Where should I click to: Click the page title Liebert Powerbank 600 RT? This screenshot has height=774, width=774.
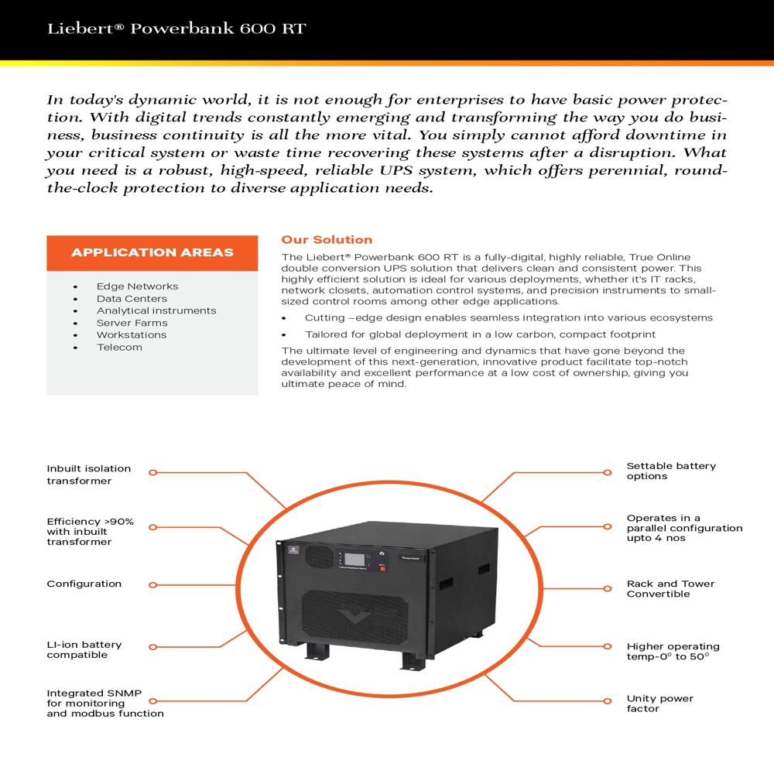tap(176, 29)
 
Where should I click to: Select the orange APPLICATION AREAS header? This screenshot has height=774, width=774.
tap(152, 252)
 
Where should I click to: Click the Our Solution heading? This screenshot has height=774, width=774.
tap(327, 240)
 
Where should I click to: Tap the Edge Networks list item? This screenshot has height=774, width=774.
tap(137, 286)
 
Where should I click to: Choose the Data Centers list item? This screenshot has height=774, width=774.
tap(132, 299)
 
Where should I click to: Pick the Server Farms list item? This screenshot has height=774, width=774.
tap(132, 323)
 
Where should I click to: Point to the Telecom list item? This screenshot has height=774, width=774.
tap(119, 348)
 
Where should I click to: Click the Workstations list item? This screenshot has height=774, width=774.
tap(132, 335)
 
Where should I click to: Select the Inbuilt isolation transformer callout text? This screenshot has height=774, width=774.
tap(88, 474)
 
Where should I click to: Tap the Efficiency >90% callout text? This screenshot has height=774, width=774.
tap(90, 532)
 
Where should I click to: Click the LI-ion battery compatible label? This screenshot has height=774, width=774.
tap(84, 650)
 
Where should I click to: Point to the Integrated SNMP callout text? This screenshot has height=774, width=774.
tap(104, 704)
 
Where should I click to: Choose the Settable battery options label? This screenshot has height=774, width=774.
tap(671, 471)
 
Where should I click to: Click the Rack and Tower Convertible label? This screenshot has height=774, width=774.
tap(670, 589)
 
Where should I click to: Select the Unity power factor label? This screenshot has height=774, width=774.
tap(659, 704)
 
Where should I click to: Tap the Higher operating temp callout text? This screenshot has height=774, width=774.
tap(673, 652)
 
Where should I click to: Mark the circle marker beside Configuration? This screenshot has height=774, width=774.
tap(152, 585)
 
